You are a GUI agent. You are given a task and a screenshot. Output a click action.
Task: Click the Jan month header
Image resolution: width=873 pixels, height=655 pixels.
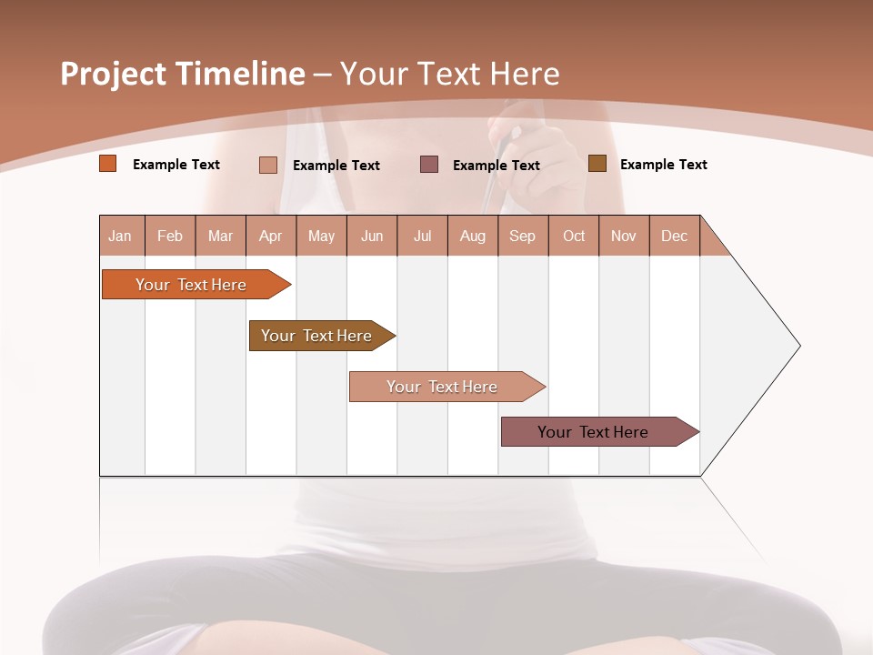(121, 236)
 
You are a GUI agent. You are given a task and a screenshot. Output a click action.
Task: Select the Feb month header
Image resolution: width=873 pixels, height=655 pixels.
(170, 236)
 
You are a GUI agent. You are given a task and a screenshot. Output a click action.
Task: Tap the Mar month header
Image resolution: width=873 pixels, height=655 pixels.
(220, 236)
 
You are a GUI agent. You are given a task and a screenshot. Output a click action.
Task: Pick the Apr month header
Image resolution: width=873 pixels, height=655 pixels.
(271, 236)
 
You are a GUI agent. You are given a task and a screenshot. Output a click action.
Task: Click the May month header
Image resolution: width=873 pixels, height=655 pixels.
(321, 236)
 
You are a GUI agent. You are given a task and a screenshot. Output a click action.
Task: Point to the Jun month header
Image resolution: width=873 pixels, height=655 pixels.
(372, 236)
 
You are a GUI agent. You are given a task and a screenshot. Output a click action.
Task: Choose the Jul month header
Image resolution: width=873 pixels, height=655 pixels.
(422, 236)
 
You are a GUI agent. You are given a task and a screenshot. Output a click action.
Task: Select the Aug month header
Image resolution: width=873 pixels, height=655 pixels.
(473, 236)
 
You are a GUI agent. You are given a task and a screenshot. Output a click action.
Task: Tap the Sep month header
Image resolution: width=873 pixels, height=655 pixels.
(523, 236)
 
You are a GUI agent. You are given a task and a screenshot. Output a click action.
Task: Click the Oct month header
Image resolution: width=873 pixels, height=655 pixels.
(574, 236)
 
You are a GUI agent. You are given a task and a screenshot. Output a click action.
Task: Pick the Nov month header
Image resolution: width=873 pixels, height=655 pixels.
(624, 236)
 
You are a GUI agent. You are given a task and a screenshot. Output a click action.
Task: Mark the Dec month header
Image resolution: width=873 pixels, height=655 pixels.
(675, 236)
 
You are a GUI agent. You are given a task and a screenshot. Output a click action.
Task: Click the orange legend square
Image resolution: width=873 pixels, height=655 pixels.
(108, 164)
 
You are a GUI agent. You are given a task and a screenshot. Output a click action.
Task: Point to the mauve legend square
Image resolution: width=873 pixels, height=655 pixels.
(429, 165)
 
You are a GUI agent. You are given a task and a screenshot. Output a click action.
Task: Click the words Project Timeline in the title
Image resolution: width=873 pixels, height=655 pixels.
(183, 74)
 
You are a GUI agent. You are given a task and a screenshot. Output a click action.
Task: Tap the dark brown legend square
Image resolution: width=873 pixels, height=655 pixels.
(597, 164)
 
